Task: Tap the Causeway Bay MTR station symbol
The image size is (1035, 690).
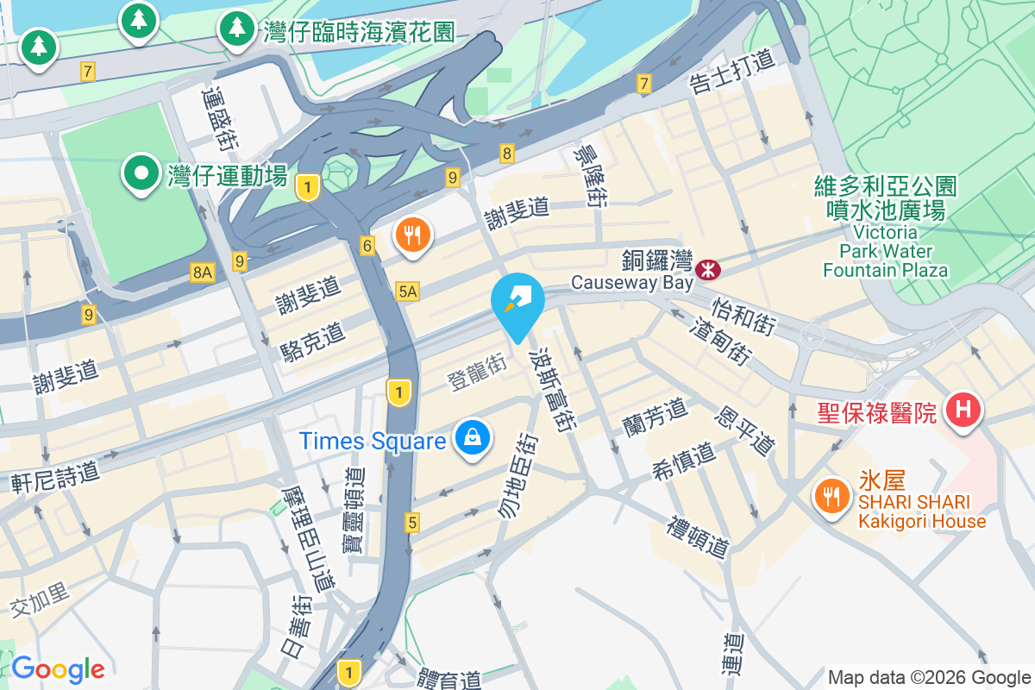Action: pyautogui.click(x=709, y=270)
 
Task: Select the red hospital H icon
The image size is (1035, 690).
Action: pyautogui.click(x=963, y=409)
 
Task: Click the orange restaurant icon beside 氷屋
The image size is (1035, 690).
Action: pyautogui.click(x=831, y=496)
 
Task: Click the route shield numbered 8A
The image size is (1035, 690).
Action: pyautogui.click(x=202, y=273)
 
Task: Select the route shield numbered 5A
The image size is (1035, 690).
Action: pyautogui.click(x=408, y=292)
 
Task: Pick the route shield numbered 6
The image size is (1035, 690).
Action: pyautogui.click(x=368, y=247)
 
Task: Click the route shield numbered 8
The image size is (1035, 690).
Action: pyautogui.click(x=507, y=154)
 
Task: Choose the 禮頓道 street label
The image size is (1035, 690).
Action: pyautogui.click(x=699, y=536)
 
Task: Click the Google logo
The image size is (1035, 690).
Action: pyautogui.click(x=58, y=669)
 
